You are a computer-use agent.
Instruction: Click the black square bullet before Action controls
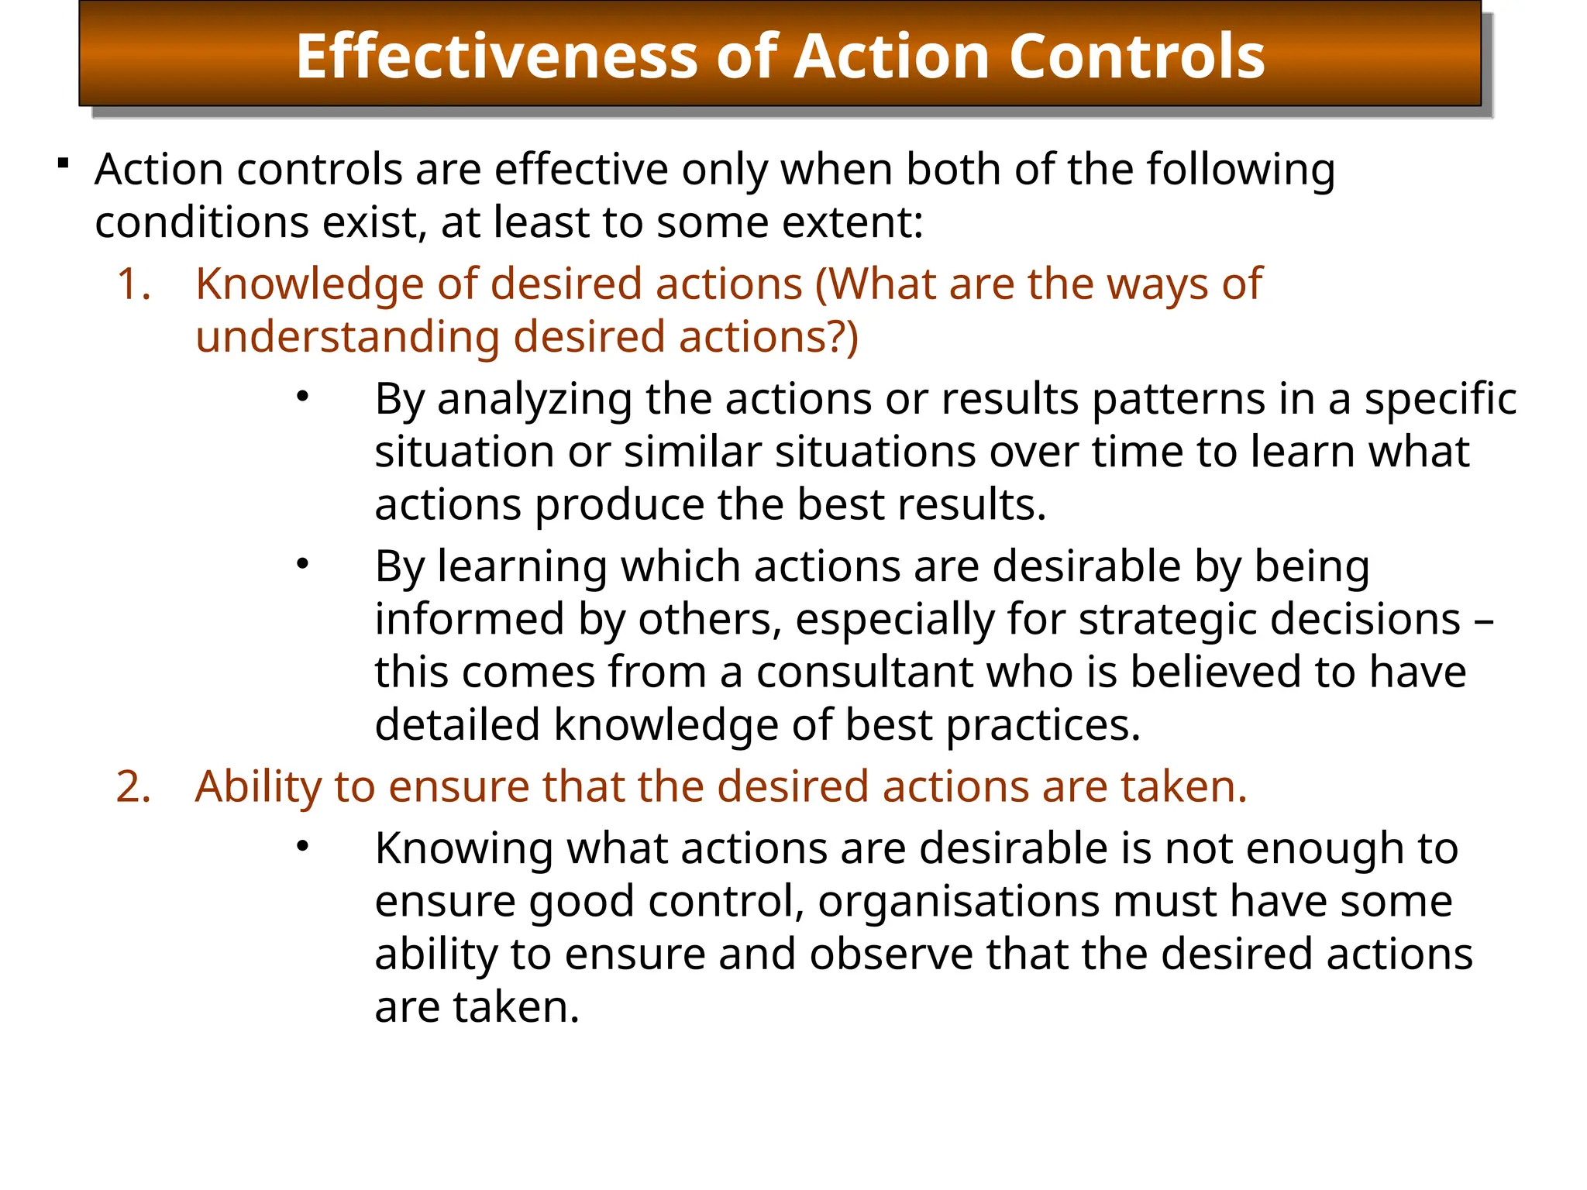tap(64, 163)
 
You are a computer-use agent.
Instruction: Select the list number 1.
tap(133, 284)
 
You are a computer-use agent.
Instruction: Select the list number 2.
tap(133, 787)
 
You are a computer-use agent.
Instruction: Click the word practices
tap(1043, 726)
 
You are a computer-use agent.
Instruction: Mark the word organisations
tap(959, 902)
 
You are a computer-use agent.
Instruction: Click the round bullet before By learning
tap(302, 565)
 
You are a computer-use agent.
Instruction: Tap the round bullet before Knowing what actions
tap(302, 847)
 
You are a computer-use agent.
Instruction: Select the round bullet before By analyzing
tap(302, 397)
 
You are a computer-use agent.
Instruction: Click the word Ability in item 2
tap(258, 788)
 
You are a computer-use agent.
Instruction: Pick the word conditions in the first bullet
tap(201, 222)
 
